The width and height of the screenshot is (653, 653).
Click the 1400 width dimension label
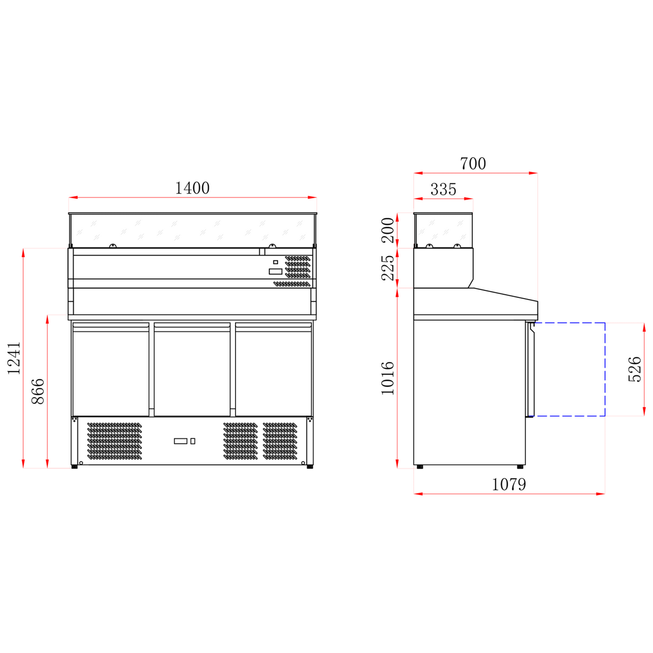(192, 188)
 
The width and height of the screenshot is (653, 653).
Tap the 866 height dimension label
(38, 392)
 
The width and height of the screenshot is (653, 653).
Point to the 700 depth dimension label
(473, 164)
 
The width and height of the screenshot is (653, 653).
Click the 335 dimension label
(443, 189)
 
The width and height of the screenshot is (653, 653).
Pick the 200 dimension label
(387, 230)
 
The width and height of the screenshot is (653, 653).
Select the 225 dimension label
(387, 267)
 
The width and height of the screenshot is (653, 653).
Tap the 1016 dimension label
(387, 378)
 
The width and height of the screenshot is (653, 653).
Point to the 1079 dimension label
(509, 484)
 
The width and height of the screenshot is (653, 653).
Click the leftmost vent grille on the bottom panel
(115, 441)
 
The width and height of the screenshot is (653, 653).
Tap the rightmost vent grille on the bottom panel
(280, 441)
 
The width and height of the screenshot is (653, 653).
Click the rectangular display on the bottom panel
(180, 441)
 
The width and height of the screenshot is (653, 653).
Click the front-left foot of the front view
(74, 466)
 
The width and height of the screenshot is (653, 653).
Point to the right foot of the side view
(520, 466)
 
